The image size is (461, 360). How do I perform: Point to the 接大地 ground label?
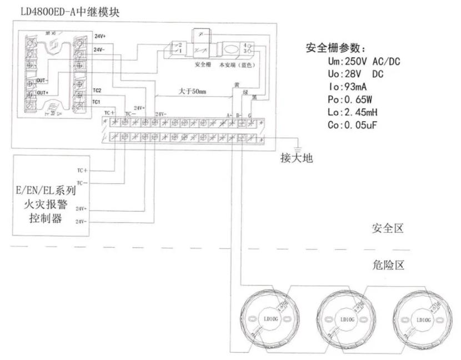297,158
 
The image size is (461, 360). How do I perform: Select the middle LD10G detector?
346,319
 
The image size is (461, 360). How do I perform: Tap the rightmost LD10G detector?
423,319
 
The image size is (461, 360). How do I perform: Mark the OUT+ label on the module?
43,92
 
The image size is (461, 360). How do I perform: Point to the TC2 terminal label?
97,90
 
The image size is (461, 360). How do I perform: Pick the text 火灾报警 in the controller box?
49,203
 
